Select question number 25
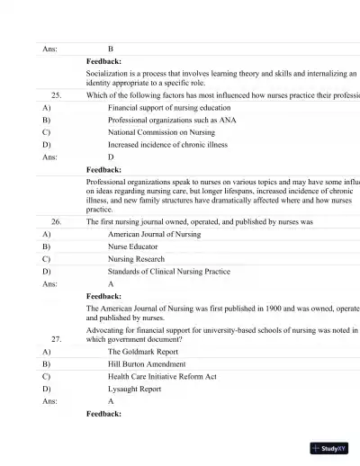click(56, 94)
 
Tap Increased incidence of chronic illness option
click(167, 144)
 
